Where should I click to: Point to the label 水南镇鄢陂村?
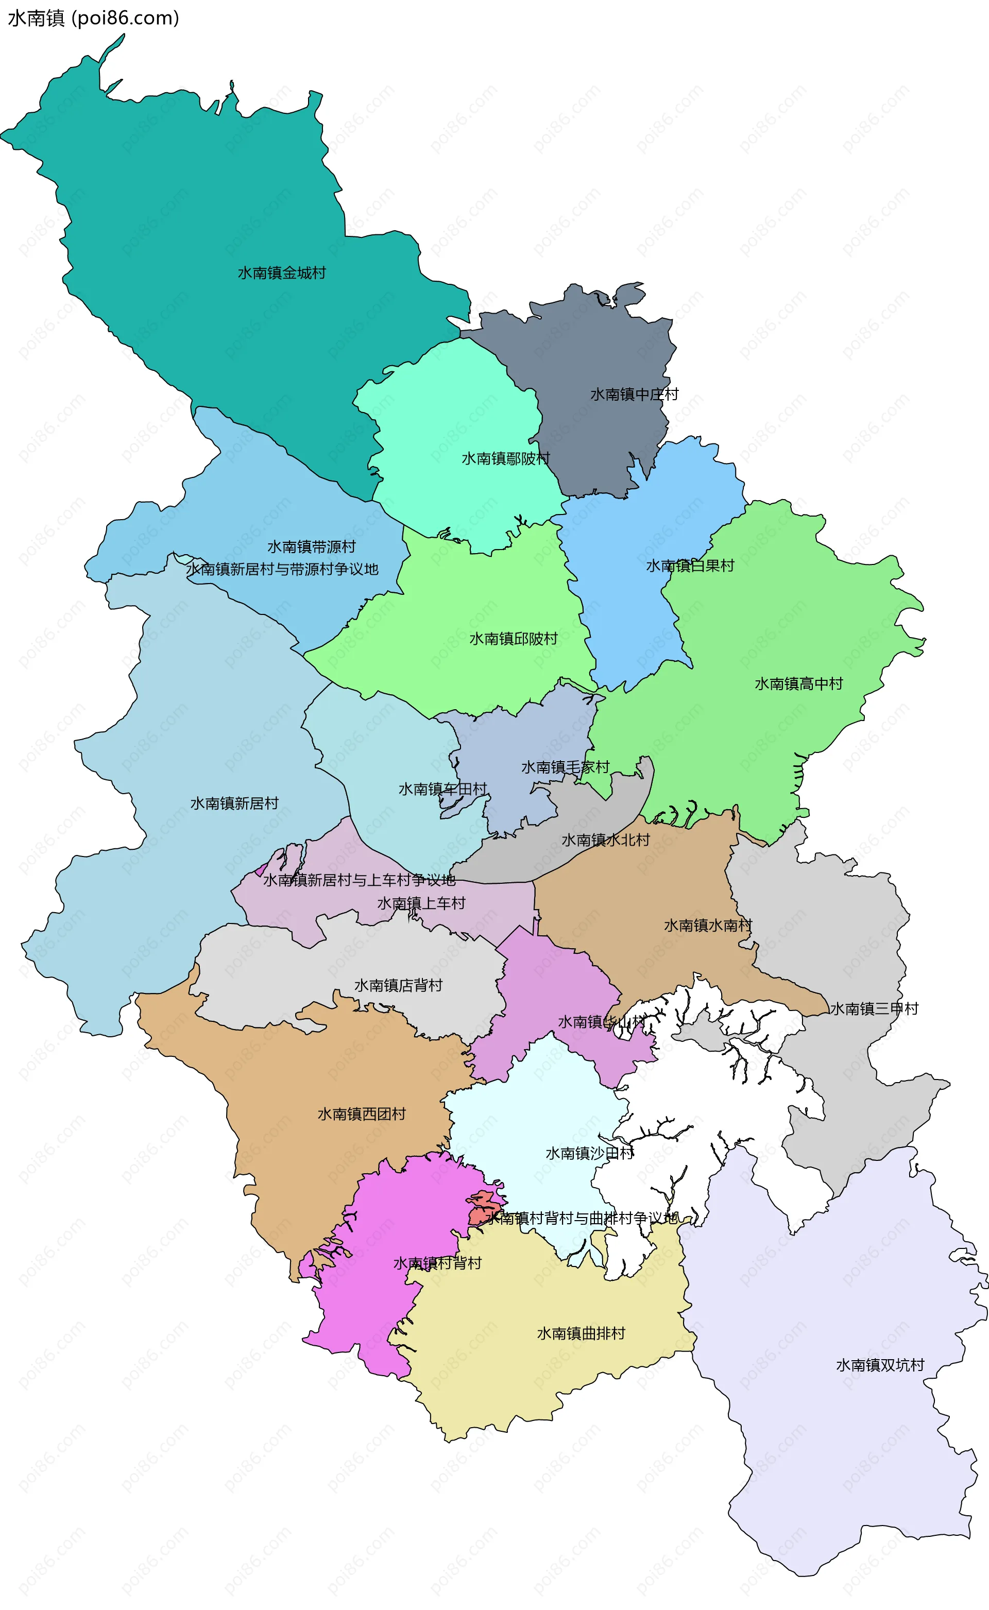click(506, 458)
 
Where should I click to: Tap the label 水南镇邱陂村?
click(513, 639)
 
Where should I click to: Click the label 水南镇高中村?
click(798, 684)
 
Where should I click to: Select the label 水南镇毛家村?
click(565, 767)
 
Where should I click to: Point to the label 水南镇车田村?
click(443, 790)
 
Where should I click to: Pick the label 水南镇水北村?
click(605, 841)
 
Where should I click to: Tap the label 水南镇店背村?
click(398, 985)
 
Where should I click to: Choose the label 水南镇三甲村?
click(874, 1009)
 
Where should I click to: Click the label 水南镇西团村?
click(362, 1114)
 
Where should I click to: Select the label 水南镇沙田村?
click(589, 1153)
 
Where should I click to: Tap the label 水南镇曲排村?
click(581, 1333)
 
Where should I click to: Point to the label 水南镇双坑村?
click(880, 1365)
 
